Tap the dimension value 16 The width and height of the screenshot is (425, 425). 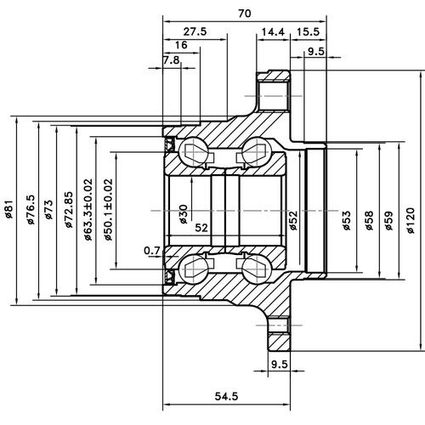180,45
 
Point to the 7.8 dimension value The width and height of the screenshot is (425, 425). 171,60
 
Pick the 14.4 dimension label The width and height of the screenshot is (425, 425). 273,31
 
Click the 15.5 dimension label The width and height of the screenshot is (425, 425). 308,31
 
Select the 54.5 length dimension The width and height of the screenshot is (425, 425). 226,395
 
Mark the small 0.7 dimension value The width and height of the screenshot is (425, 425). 152,250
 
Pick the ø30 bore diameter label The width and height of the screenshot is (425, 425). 184,213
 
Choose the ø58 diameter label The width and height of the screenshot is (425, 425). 369,221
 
